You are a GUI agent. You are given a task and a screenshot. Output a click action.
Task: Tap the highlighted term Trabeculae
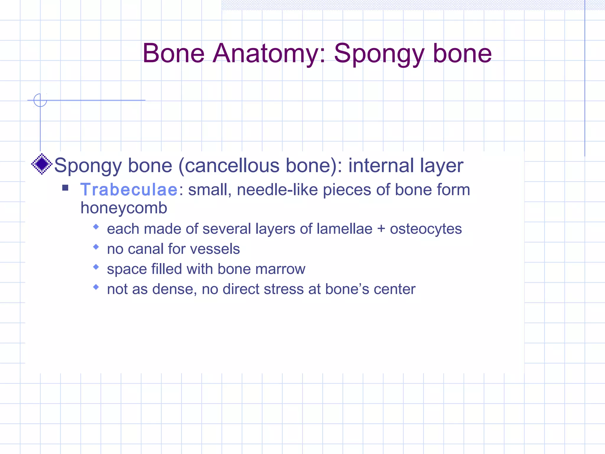click(129, 190)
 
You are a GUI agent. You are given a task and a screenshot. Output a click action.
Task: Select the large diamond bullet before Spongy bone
click(42, 164)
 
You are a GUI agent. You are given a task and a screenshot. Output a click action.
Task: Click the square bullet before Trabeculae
click(65, 188)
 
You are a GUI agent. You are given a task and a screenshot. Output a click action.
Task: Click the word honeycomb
click(124, 208)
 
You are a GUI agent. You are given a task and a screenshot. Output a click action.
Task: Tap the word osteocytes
click(426, 229)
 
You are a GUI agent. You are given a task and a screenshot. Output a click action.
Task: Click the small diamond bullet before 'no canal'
click(96, 247)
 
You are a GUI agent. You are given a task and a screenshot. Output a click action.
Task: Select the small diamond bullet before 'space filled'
click(96, 267)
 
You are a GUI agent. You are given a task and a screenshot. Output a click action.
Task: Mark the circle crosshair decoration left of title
click(40, 100)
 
